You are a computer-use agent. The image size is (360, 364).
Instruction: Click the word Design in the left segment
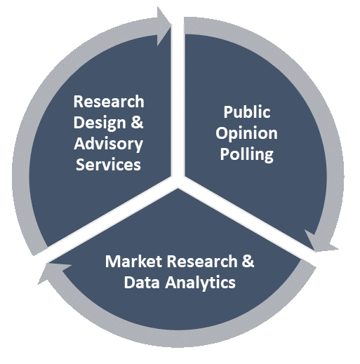pos(100,123)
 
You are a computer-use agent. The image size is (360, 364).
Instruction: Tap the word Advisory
pos(108,144)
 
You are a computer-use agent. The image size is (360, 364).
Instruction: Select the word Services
pos(108,164)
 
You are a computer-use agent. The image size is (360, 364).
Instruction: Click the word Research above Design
pos(109,102)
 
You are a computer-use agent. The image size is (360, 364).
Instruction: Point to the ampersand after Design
pos(137,122)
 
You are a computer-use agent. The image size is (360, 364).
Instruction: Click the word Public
pos(247,112)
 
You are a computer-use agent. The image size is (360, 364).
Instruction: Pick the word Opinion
pos(247,134)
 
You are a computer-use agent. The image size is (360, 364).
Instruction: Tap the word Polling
pos(247,155)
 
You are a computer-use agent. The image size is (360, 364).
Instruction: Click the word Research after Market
pos(202,261)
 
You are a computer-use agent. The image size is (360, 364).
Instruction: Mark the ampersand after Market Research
pos(248,261)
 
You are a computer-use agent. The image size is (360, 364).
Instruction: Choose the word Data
pos(142,282)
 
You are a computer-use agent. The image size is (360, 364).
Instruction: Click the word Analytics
pos(200,283)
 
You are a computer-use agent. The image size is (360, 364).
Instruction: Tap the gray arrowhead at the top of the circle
pos(164,26)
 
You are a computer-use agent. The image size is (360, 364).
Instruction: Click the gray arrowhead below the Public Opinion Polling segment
pos(321,242)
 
